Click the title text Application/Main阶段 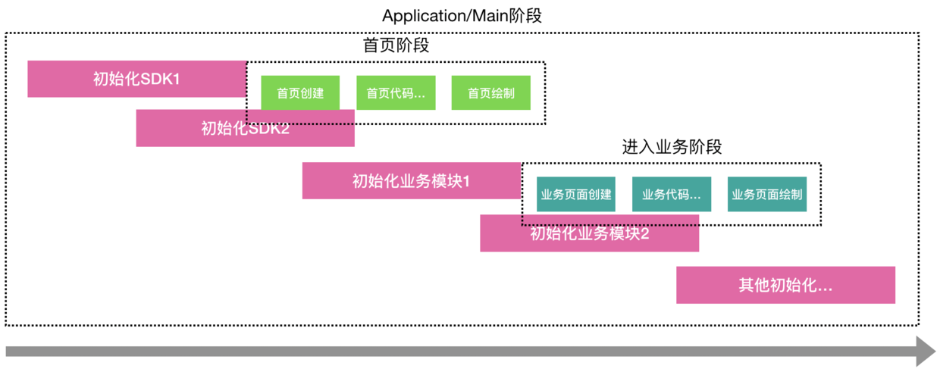[462, 16]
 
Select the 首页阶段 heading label [396, 45]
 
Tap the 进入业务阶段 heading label [672, 147]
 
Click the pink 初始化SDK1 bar [136, 79]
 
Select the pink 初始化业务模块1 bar [411, 180]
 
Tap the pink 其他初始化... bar [785, 285]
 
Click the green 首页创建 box [300, 93]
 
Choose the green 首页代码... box [396, 93]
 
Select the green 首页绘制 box [490, 93]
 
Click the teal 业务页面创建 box [576, 194]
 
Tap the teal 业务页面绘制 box [766, 194]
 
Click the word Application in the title [419, 16]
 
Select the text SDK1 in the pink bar [160, 79]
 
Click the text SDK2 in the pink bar [269, 128]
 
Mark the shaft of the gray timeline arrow [455, 352]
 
